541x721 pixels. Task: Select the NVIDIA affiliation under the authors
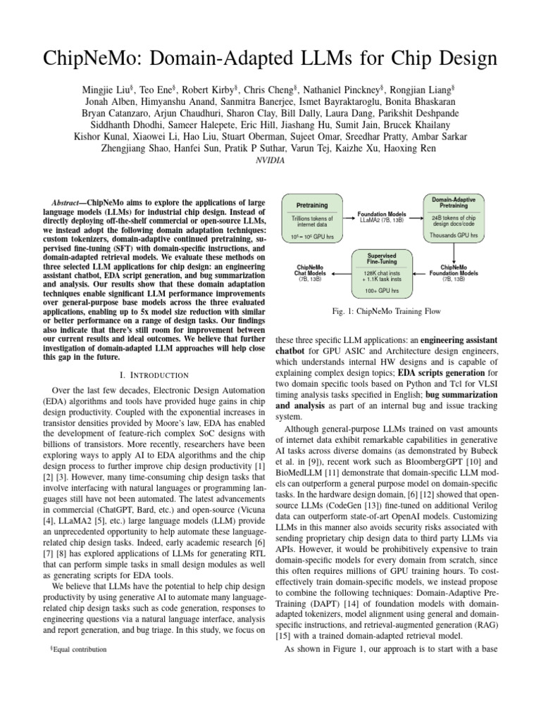270,159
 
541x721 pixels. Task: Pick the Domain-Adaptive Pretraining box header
455,201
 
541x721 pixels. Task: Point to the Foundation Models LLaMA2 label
381,217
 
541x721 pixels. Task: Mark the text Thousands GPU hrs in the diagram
455,235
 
